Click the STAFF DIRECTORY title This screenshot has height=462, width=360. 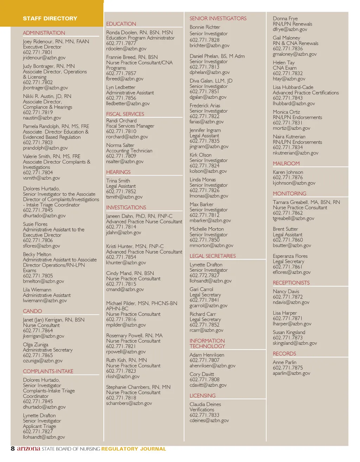[x=50, y=18]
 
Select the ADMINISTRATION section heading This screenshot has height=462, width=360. [x=44, y=33]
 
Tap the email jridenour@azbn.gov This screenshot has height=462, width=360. [x=44, y=58]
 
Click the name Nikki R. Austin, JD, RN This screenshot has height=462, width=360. [x=47, y=96]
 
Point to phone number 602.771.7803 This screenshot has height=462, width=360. [x=38, y=142]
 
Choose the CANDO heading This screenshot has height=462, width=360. [x=32, y=311]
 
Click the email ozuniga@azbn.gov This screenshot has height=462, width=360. [x=43, y=361]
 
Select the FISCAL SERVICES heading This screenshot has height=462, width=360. [x=125, y=114]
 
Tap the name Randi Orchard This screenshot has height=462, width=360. [x=121, y=120]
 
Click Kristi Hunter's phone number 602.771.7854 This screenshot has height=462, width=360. [x=121, y=257]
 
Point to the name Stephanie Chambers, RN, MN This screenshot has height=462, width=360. [x=138, y=387]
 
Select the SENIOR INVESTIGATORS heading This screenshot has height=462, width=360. [x=218, y=18]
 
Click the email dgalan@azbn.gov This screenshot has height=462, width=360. [x=208, y=97]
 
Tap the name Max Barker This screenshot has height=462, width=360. [x=201, y=204]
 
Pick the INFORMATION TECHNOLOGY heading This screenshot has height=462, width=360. [x=207, y=344]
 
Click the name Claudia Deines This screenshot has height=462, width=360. [x=205, y=404]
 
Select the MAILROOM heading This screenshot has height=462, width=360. [x=286, y=163]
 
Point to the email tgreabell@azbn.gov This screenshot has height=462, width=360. [x=293, y=218]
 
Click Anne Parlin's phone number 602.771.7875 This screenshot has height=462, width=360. [x=288, y=368]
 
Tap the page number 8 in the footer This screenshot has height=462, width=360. [x=13, y=448]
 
